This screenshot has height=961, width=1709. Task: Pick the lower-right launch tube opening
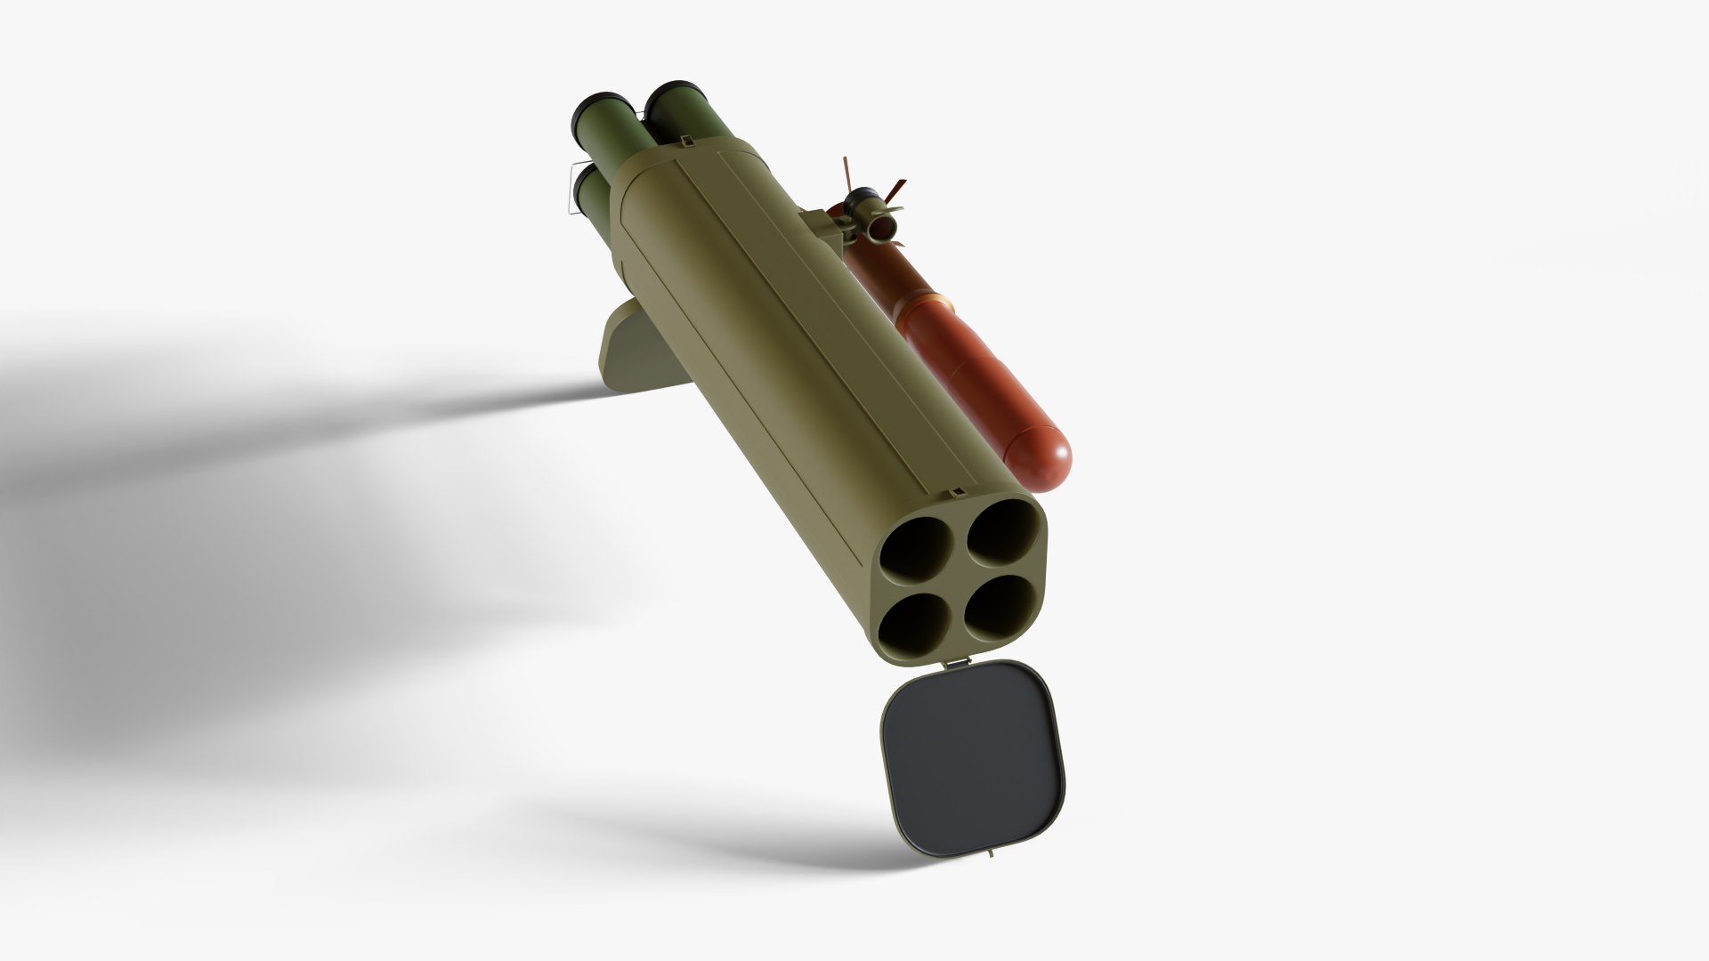pyautogui.click(x=1000, y=607)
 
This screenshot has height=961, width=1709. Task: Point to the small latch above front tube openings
pyautogui.click(x=953, y=492)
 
